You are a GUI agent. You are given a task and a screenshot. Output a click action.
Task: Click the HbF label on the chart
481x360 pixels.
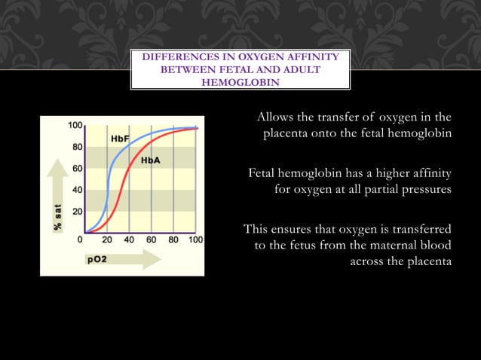[x=120, y=139]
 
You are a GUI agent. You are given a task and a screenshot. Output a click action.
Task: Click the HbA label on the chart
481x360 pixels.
[x=151, y=161]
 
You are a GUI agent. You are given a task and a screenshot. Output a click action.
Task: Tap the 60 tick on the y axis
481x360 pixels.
[x=77, y=169]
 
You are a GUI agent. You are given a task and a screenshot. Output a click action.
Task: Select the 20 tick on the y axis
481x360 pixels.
[x=77, y=212]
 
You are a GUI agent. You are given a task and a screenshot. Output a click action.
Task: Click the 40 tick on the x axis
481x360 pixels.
[x=129, y=241]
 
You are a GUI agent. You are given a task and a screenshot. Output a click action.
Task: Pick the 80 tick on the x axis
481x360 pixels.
[x=173, y=241]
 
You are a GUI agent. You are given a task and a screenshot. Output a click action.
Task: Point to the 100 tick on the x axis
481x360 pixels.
[x=195, y=241]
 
